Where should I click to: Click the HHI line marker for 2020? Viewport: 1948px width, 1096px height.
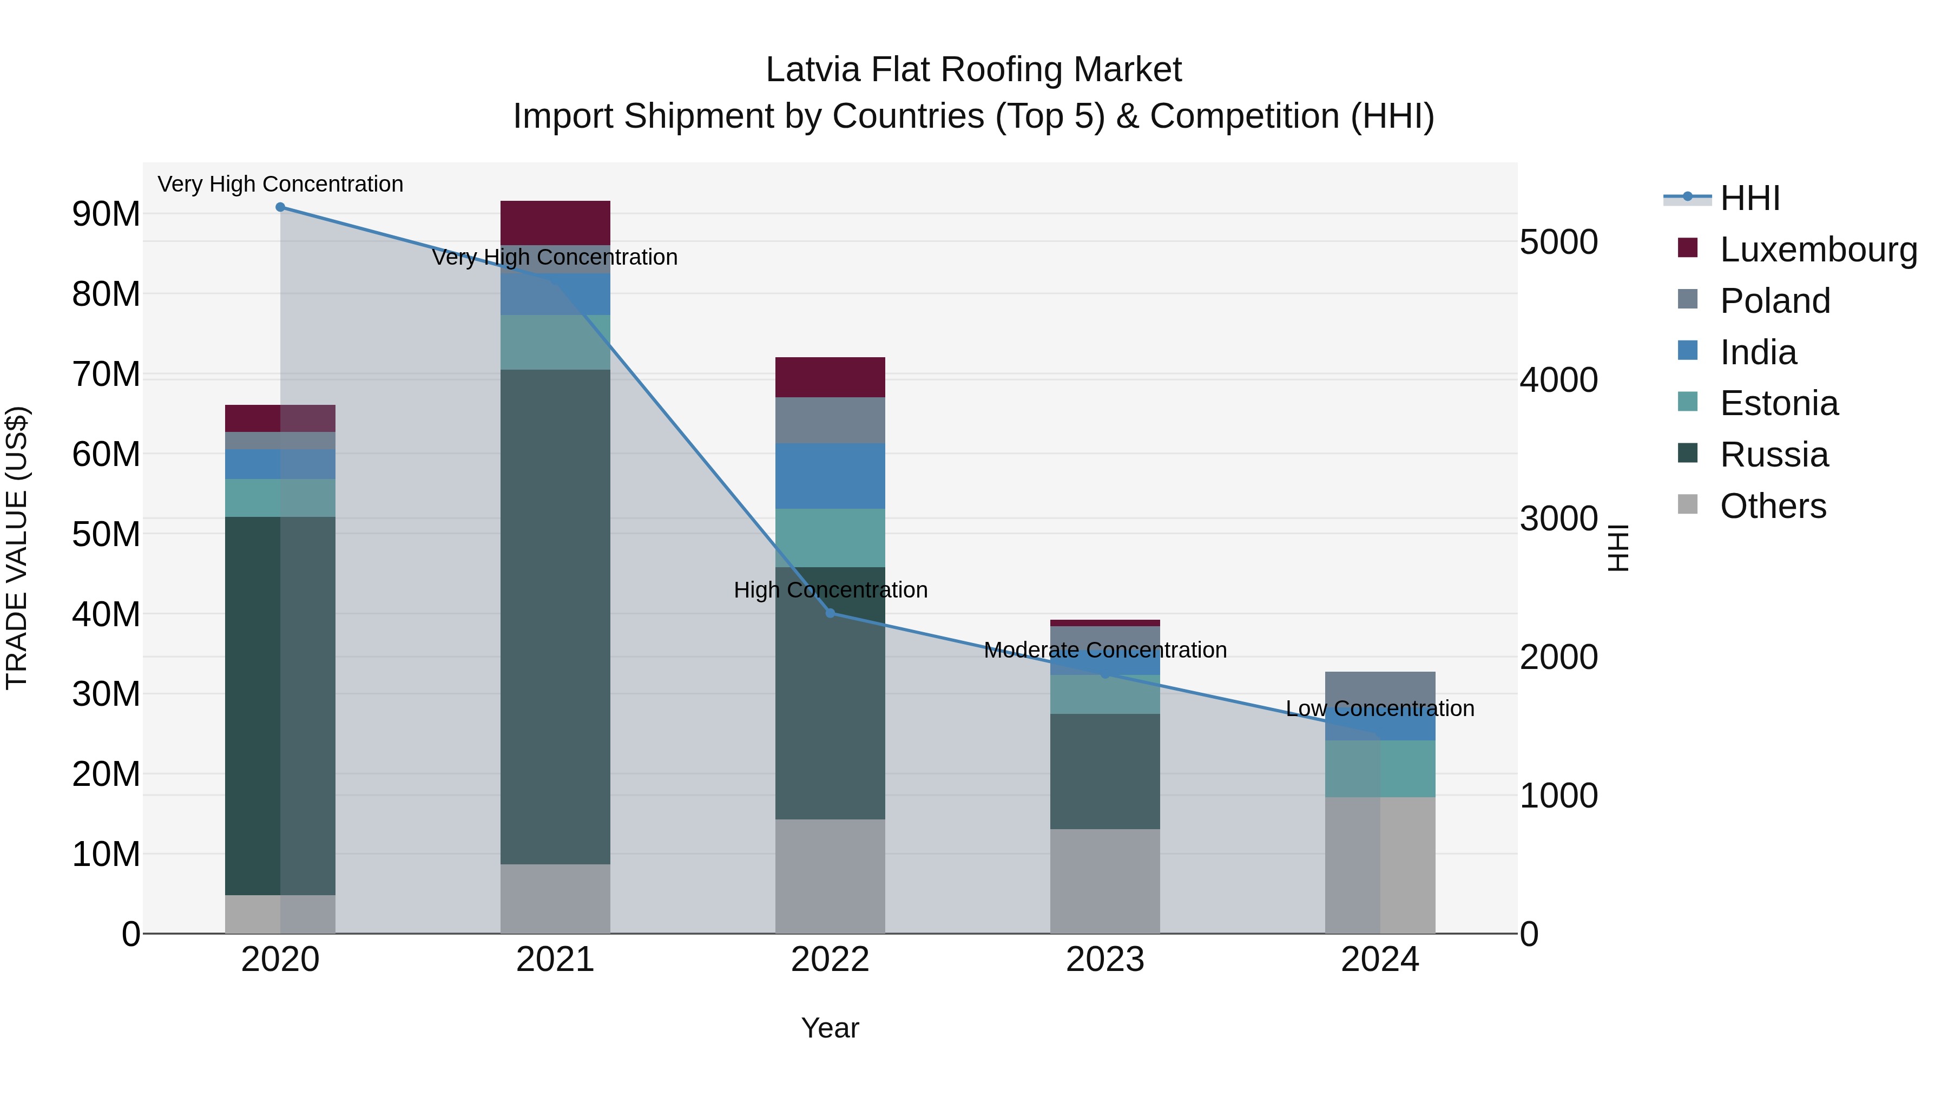point(280,207)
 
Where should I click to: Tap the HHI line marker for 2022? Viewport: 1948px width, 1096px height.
point(830,613)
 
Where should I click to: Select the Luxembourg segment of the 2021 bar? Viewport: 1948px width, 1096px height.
point(555,222)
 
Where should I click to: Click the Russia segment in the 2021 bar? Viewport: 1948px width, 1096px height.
point(555,616)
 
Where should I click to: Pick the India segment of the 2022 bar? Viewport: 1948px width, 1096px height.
point(830,476)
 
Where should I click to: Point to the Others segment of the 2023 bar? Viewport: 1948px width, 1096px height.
point(1105,881)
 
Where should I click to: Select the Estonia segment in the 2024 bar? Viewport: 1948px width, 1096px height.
point(1379,769)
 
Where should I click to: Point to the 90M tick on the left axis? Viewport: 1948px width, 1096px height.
point(106,214)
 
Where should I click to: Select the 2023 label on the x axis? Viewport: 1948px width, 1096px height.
point(1105,960)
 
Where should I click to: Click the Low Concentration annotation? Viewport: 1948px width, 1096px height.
point(1379,708)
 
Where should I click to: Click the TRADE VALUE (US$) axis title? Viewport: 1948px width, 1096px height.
point(17,548)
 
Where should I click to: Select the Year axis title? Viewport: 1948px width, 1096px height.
point(830,1028)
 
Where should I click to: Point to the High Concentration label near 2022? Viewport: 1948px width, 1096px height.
point(830,590)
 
